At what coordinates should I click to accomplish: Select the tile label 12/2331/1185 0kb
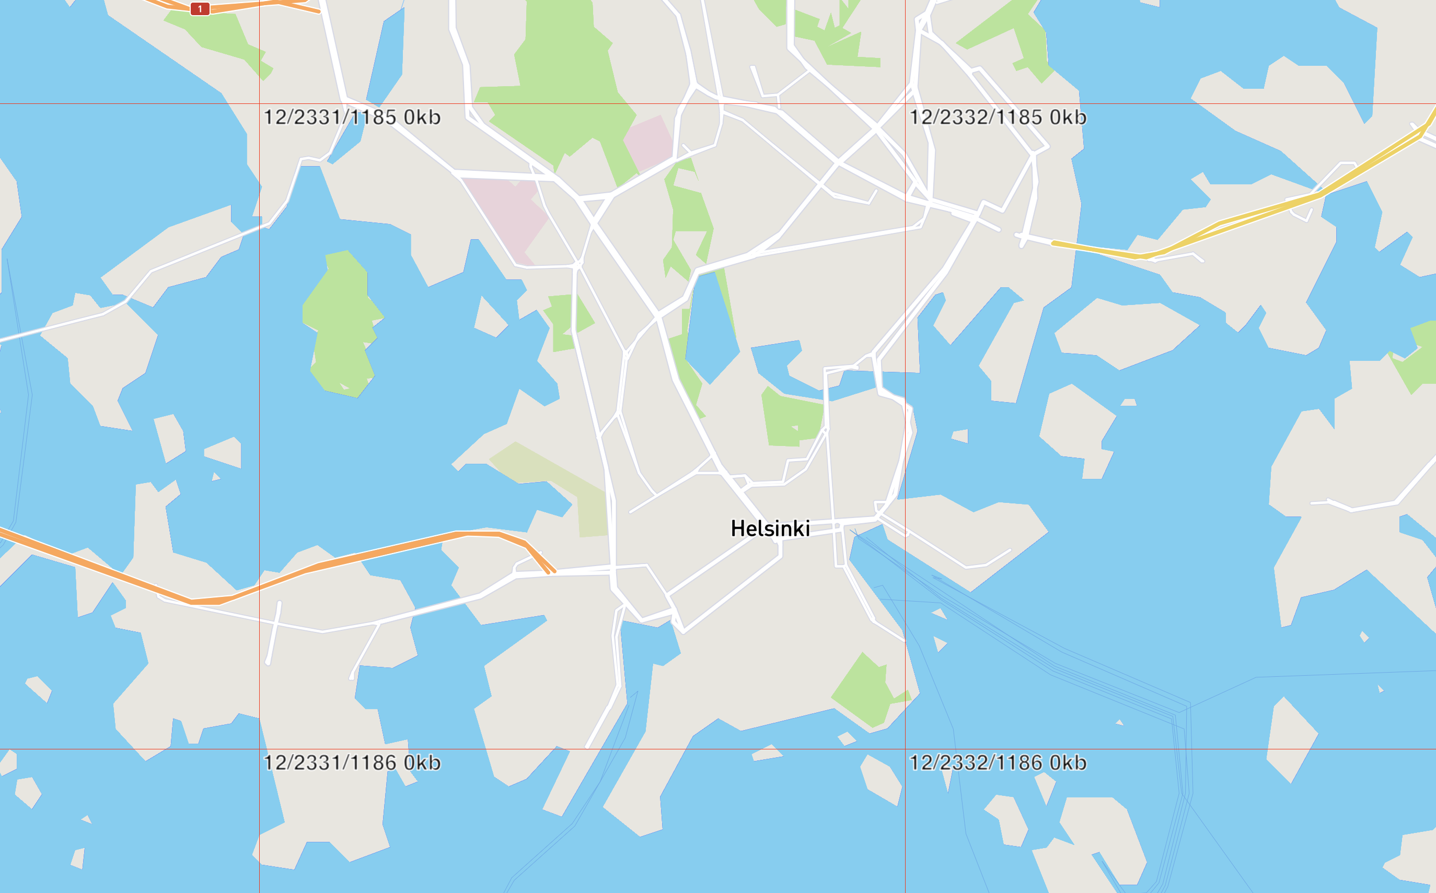(352, 118)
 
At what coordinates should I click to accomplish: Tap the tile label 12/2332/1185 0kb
(998, 118)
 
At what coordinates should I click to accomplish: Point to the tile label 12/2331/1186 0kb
(352, 762)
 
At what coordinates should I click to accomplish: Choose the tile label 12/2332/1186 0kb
(998, 762)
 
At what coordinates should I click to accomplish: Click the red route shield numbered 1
(200, 9)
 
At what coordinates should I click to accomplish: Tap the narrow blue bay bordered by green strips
(712, 331)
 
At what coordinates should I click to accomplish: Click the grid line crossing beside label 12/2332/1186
(905, 749)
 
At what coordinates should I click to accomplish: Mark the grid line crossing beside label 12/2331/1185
(259, 104)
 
